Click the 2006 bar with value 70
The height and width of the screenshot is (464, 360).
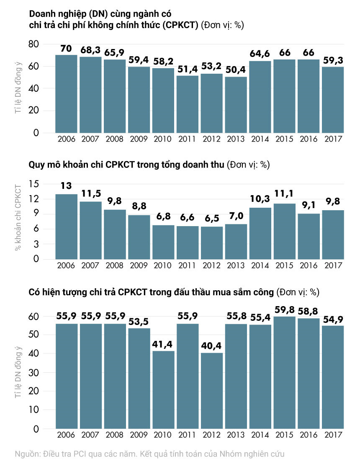(x=66, y=94)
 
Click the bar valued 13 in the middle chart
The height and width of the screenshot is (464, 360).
(x=66, y=227)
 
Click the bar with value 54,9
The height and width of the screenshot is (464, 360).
(x=332, y=377)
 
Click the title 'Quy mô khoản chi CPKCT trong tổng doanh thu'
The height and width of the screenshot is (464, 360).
(x=126, y=165)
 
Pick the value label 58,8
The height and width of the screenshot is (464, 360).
(x=309, y=310)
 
